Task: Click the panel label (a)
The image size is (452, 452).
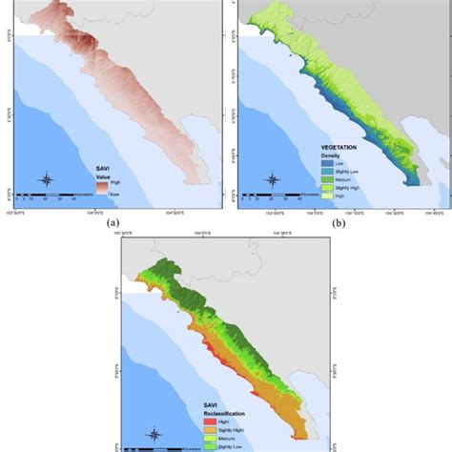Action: [x=113, y=225]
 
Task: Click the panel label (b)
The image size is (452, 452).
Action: [x=339, y=225]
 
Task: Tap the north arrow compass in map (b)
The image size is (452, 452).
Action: [x=272, y=179]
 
